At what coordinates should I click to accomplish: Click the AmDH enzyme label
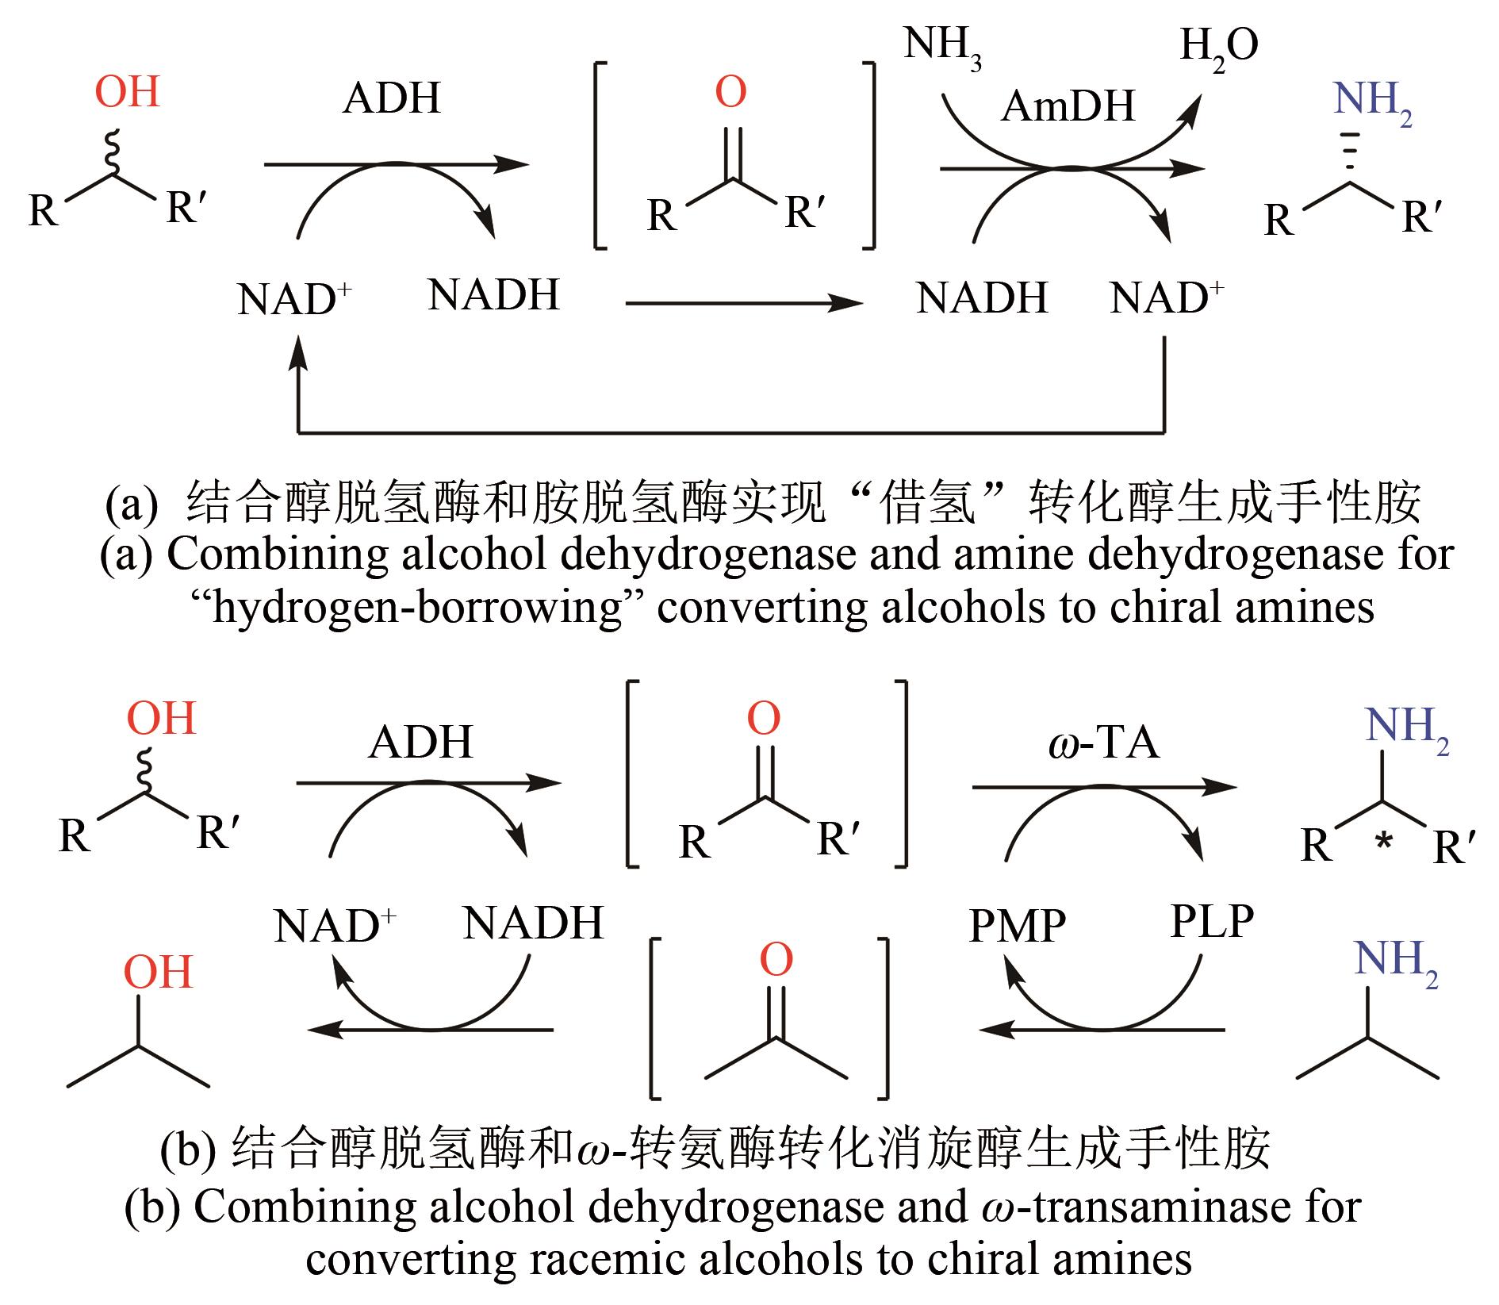(1068, 106)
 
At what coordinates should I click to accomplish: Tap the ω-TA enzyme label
(1103, 743)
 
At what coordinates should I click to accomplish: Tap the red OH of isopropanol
(158, 972)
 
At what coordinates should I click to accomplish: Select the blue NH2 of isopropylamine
(1395, 960)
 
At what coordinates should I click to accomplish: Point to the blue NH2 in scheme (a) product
(1372, 101)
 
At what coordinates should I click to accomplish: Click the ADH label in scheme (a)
(391, 99)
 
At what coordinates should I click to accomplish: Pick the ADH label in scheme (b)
(420, 743)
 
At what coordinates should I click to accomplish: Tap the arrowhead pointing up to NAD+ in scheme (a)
(298, 349)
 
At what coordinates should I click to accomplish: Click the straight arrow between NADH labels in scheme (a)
(743, 302)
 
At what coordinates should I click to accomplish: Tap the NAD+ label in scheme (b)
(334, 926)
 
